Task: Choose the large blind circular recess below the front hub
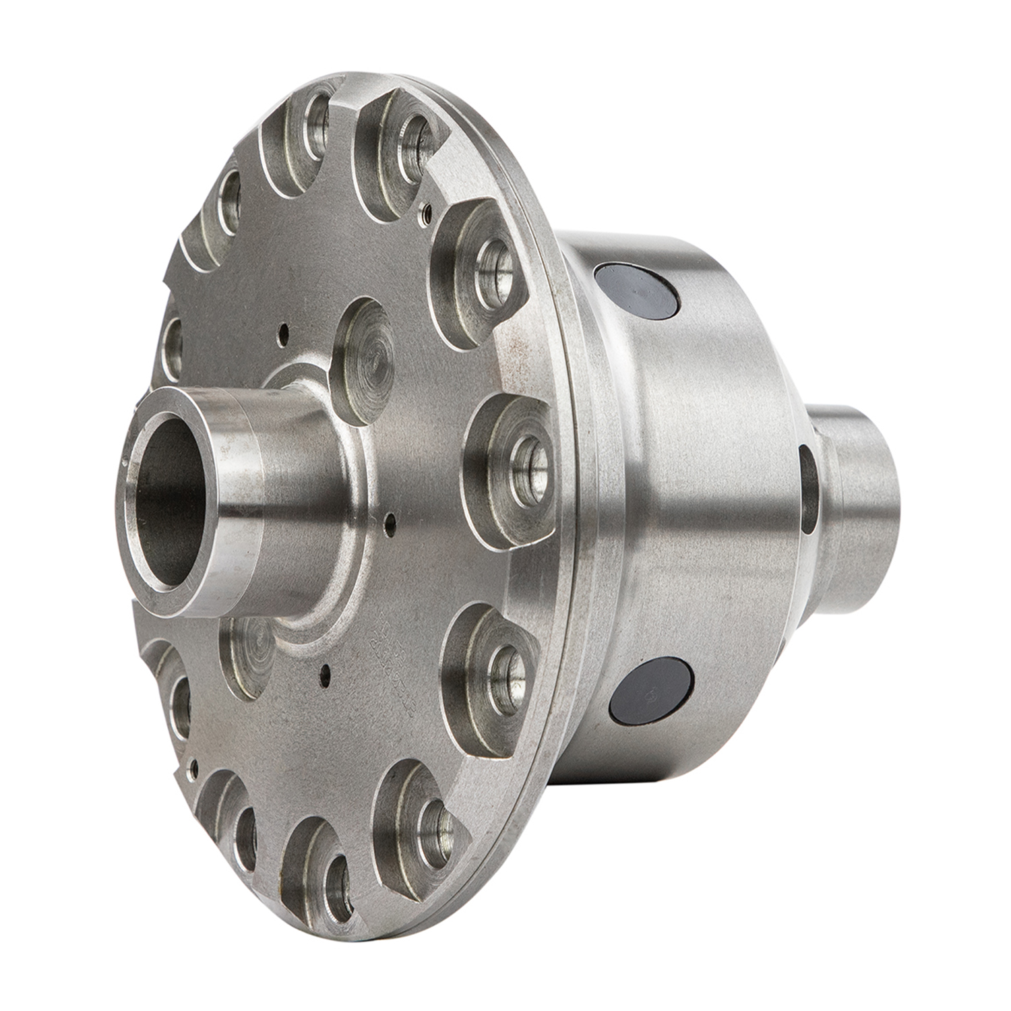(x=246, y=650)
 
